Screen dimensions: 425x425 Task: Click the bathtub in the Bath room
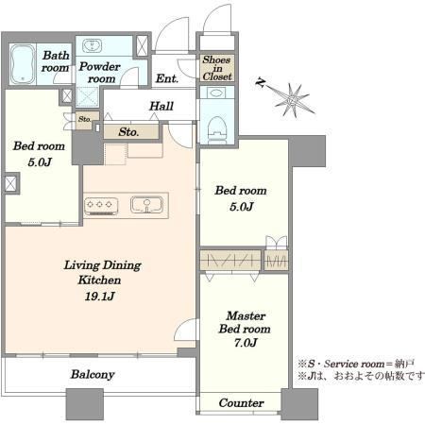(x=23, y=64)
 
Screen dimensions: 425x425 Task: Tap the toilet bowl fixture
(x=218, y=129)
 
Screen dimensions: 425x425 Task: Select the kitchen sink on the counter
(x=146, y=204)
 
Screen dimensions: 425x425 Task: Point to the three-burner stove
(x=101, y=207)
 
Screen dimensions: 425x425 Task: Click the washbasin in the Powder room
(x=92, y=46)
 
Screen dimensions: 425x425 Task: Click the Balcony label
(x=93, y=374)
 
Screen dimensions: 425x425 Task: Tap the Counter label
(x=241, y=403)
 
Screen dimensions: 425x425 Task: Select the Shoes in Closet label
(x=217, y=68)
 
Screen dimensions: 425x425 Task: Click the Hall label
(x=161, y=106)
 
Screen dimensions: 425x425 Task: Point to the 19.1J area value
(x=99, y=297)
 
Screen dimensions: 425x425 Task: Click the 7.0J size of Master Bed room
(x=246, y=343)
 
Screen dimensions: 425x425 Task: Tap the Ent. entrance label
(x=167, y=78)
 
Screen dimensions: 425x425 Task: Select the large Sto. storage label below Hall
(x=128, y=132)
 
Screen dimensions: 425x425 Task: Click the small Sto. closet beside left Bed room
(x=85, y=119)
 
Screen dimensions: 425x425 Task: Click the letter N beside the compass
(x=260, y=82)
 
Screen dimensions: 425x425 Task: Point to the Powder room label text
(x=99, y=73)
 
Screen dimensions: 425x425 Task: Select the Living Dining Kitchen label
(x=102, y=273)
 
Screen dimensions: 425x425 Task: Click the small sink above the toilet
(x=217, y=93)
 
